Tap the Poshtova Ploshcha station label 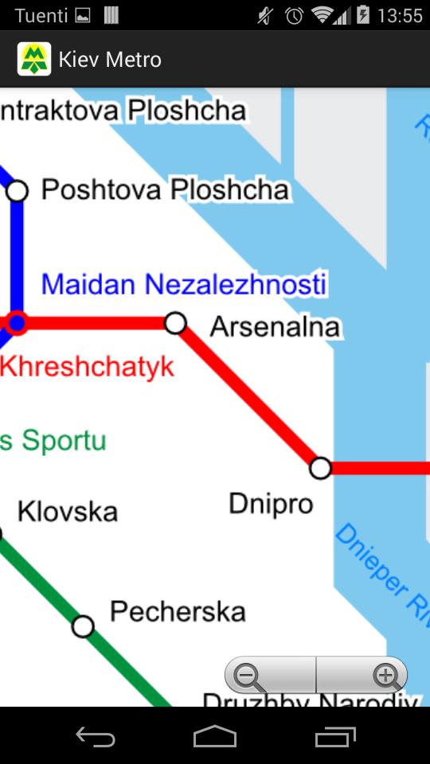pos(165,189)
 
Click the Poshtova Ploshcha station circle pos(17,191)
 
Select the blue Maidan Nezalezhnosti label pos(184,284)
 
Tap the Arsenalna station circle pos(175,323)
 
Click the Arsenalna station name pos(275,326)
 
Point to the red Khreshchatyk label pos(88,367)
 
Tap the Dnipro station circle pos(320,468)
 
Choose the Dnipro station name pos(271,503)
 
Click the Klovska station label pos(68,511)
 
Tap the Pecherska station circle pos(83,627)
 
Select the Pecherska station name pos(178,611)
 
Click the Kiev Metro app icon pos(34,59)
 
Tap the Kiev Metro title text pos(110,59)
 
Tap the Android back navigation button pos(96,737)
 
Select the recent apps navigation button pos(334,737)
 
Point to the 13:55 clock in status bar pos(400,15)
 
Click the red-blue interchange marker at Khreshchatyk pos(17,323)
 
